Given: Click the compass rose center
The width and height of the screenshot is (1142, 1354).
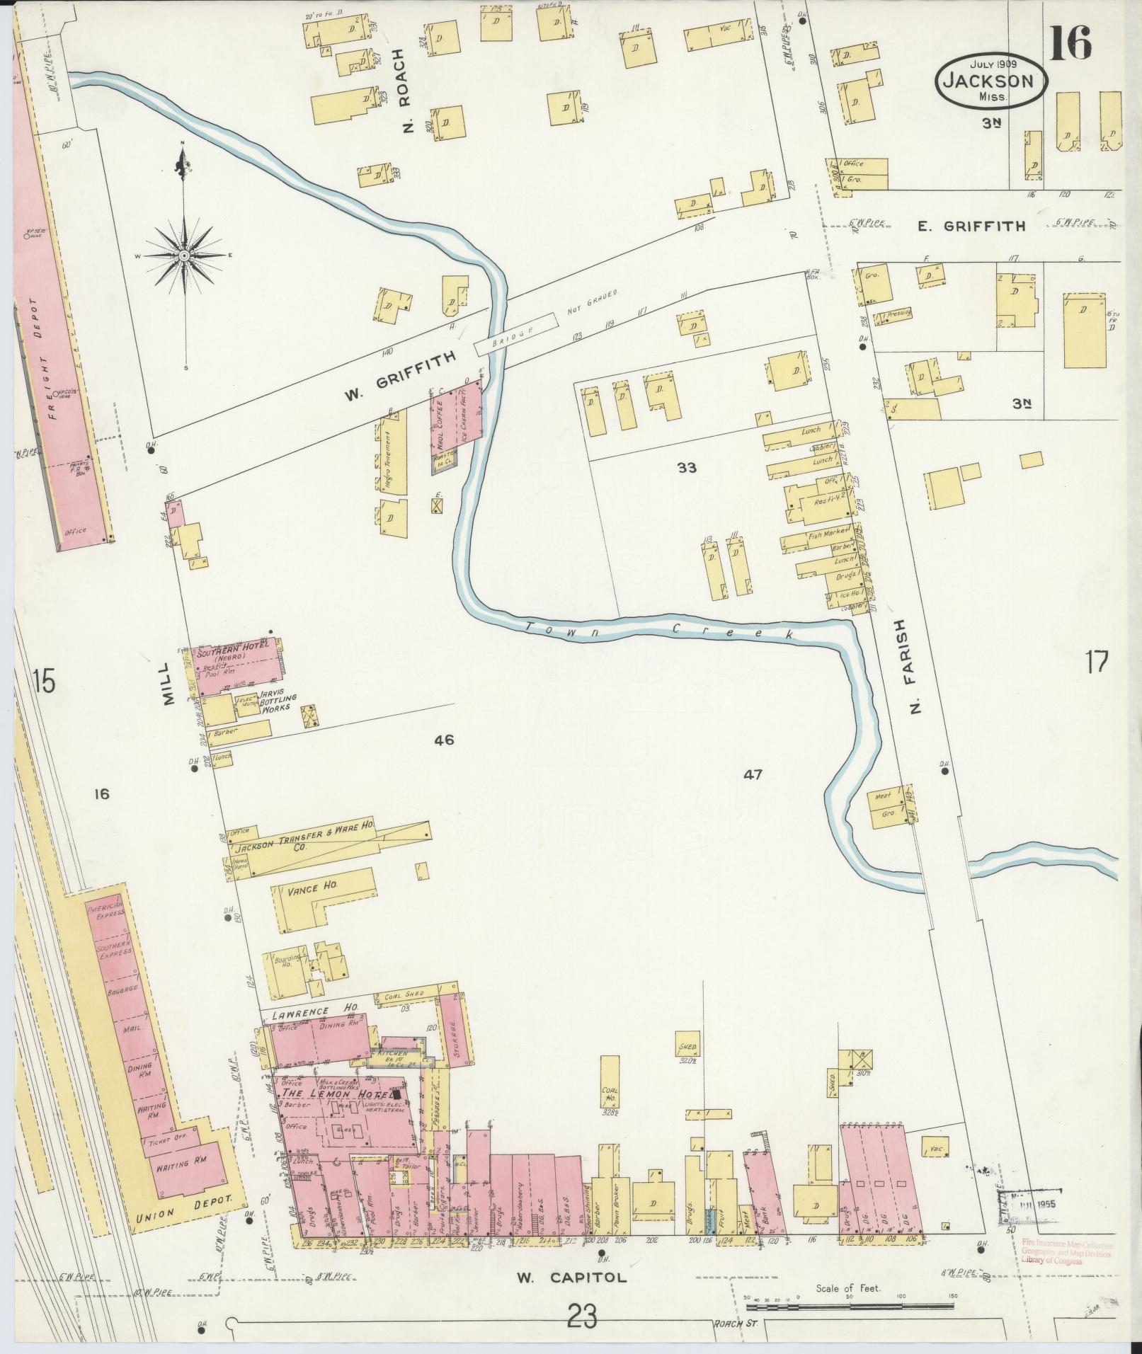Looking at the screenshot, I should click(183, 255).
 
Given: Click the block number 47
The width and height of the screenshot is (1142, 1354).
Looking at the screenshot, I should click(753, 774).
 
